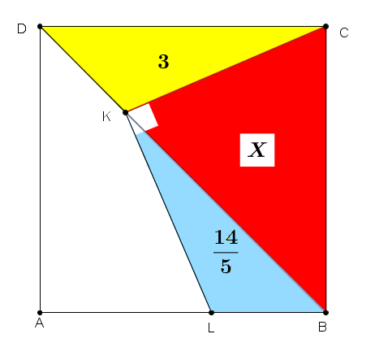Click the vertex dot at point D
[40, 27]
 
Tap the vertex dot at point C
[325, 27]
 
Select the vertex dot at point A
[40, 313]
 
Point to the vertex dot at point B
[325, 313]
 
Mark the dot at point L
[211, 313]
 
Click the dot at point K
[126, 112]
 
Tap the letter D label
[22, 28]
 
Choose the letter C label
[344, 33]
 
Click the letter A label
[40, 323]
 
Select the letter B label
[322, 327]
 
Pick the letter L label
[211, 328]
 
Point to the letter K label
[106, 117]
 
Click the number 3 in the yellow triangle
[163, 62]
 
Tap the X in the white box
[257, 150]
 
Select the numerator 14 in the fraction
[226, 237]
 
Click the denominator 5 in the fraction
[226, 266]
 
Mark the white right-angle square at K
[144, 118]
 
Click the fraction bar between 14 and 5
[226, 253]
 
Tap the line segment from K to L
[168, 212]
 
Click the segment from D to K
[83, 69]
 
